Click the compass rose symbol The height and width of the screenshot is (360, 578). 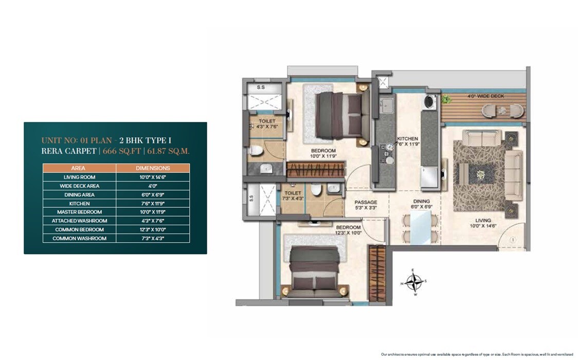[414, 282]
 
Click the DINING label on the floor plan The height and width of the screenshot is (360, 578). [422, 202]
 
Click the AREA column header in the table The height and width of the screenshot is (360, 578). [79, 168]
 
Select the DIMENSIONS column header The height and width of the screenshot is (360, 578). [153, 168]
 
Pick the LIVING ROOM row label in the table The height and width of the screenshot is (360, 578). [79, 177]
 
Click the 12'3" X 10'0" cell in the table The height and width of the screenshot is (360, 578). [153, 229]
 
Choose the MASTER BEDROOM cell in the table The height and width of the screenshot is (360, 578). [79, 212]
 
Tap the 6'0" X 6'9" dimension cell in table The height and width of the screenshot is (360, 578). [153, 194]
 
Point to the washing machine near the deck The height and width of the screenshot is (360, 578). [429, 101]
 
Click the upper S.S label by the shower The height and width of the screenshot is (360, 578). [260, 87]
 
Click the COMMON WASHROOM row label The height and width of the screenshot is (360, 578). [79, 238]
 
